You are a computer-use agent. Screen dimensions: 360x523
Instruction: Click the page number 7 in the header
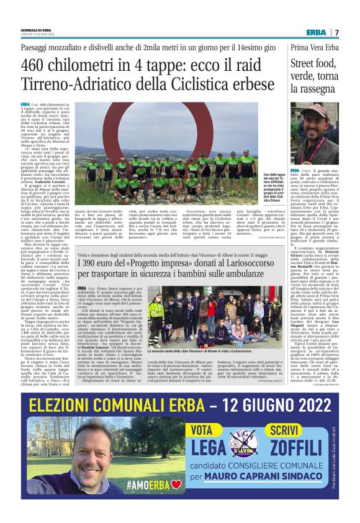[336, 32]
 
